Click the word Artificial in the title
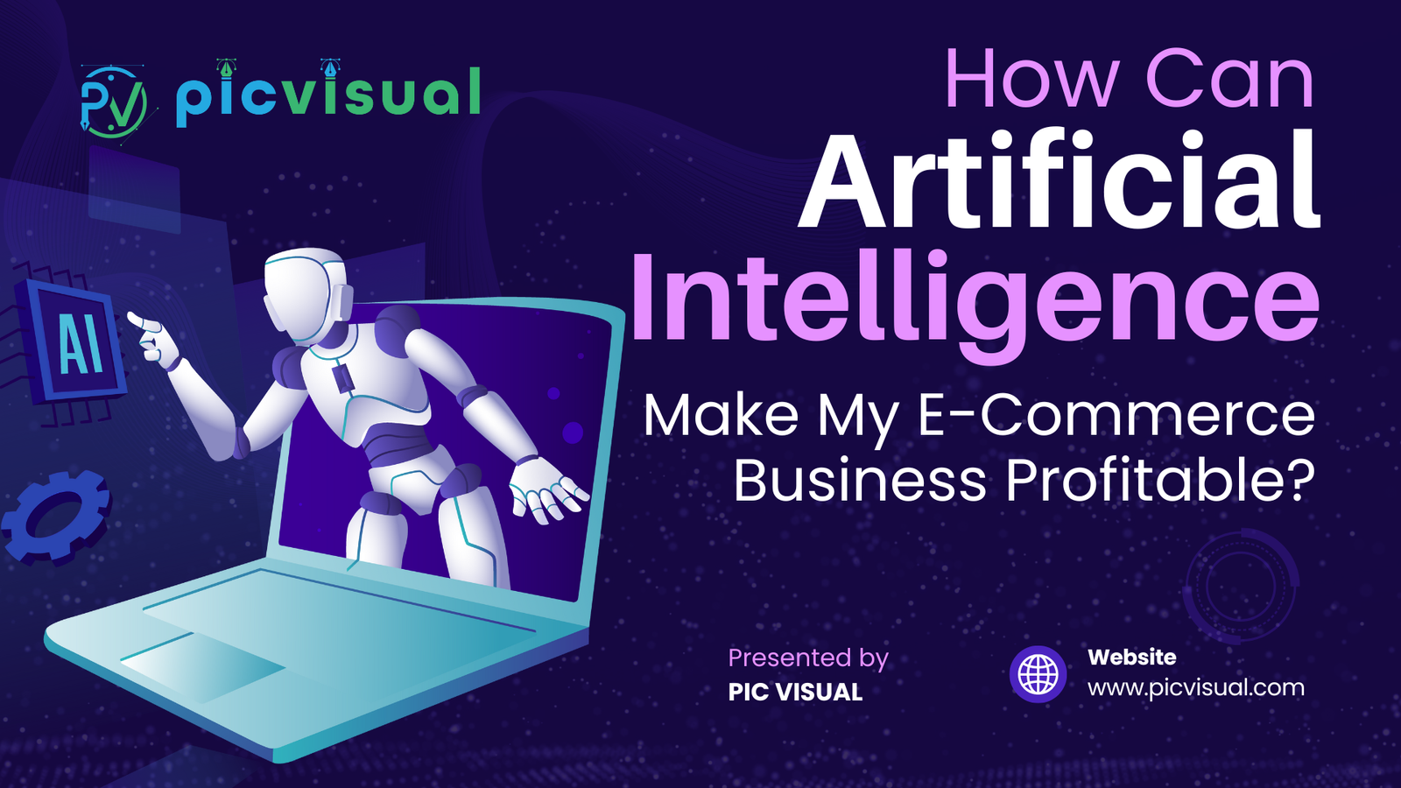pyautogui.click(x=1060, y=181)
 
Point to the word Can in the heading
pyautogui.click(x=1229, y=81)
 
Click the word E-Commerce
pyautogui.click(x=1116, y=415)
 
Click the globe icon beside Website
pyautogui.click(x=1038, y=675)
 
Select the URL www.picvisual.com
pyautogui.click(x=1195, y=687)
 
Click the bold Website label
pyautogui.click(x=1131, y=657)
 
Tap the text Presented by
pyautogui.click(x=807, y=658)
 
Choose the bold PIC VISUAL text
pyautogui.click(x=795, y=692)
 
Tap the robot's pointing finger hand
pyautogui.click(x=153, y=337)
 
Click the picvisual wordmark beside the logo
pyautogui.click(x=327, y=94)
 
